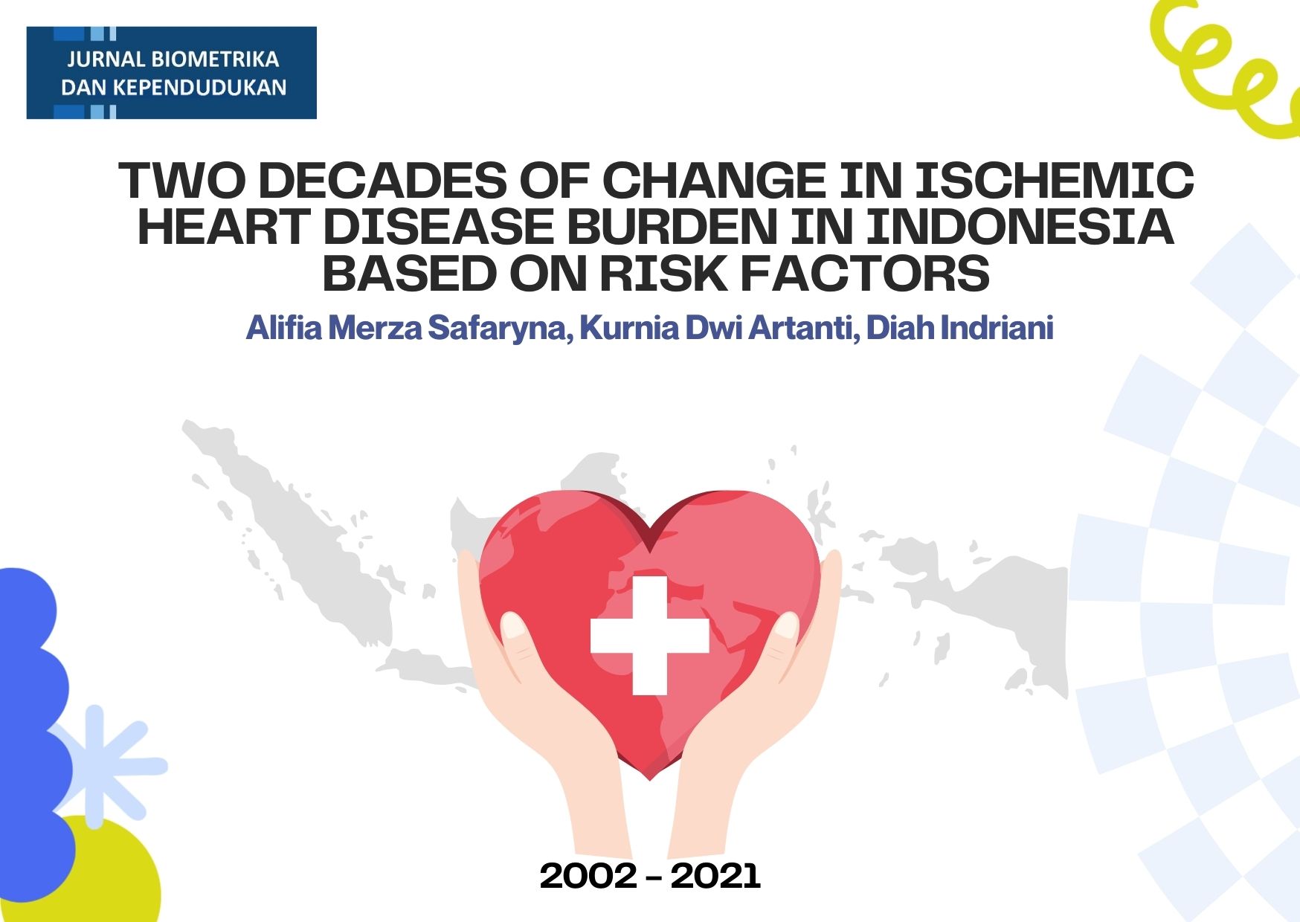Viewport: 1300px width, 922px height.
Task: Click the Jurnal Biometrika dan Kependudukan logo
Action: point(171,73)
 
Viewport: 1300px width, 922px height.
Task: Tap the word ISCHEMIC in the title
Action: point(1054,181)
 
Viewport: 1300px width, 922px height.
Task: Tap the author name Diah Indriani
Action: point(960,328)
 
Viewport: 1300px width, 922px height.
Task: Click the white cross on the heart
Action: point(649,636)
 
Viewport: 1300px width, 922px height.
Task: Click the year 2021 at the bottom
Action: point(715,876)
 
